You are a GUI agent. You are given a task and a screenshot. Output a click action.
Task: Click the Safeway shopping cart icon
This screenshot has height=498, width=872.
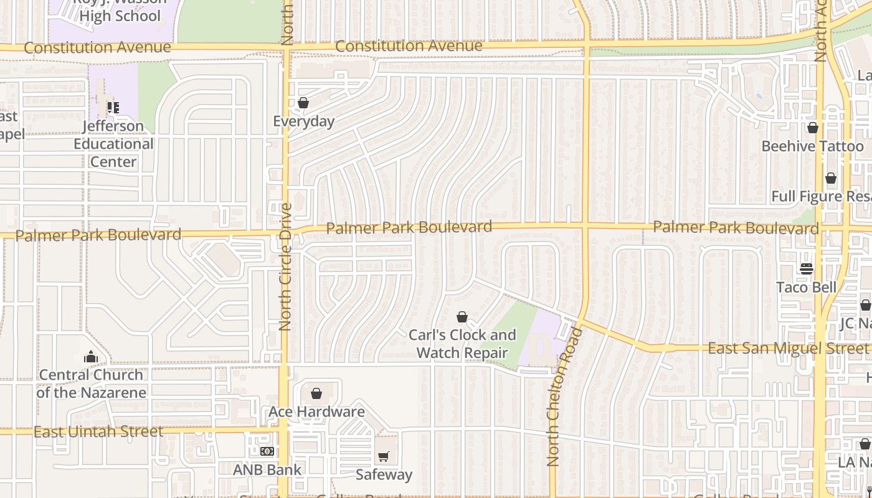coord(384,457)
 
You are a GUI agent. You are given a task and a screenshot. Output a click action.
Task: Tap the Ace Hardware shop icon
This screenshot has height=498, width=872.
coord(316,393)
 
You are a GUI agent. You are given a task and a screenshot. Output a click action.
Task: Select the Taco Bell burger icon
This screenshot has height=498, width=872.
coord(807,269)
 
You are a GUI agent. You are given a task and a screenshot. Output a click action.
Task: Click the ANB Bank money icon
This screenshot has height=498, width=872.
coord(267,451)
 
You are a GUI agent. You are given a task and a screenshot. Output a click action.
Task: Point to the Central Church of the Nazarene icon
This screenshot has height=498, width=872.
coord(91,357)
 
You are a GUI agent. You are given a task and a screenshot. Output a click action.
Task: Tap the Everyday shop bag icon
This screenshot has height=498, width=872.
coord(303,103)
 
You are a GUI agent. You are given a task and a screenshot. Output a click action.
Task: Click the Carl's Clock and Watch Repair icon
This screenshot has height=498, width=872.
coord(462,317)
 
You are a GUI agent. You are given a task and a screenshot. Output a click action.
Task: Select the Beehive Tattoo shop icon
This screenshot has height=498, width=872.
coord(813,128)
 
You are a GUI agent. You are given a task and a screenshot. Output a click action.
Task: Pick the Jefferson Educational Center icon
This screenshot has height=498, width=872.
coord(113,108)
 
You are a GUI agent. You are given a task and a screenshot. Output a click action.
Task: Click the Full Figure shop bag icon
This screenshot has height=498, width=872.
coord(831,179)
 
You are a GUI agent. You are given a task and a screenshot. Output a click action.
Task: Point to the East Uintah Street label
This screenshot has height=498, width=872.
coord(98,431)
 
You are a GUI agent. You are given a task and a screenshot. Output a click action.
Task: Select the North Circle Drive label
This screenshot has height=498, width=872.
coord(286,266)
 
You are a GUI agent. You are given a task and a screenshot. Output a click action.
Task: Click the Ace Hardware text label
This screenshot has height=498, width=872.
coord(316,411)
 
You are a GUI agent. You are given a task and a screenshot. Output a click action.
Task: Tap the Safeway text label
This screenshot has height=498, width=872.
coord(384,474)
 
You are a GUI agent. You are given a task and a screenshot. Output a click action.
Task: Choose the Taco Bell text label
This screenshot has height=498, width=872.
coord(807,287)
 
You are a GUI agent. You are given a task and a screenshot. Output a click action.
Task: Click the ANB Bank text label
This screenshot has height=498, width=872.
coord(267,469)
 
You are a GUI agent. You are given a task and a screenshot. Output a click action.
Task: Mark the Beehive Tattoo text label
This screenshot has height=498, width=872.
coord(813,146)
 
